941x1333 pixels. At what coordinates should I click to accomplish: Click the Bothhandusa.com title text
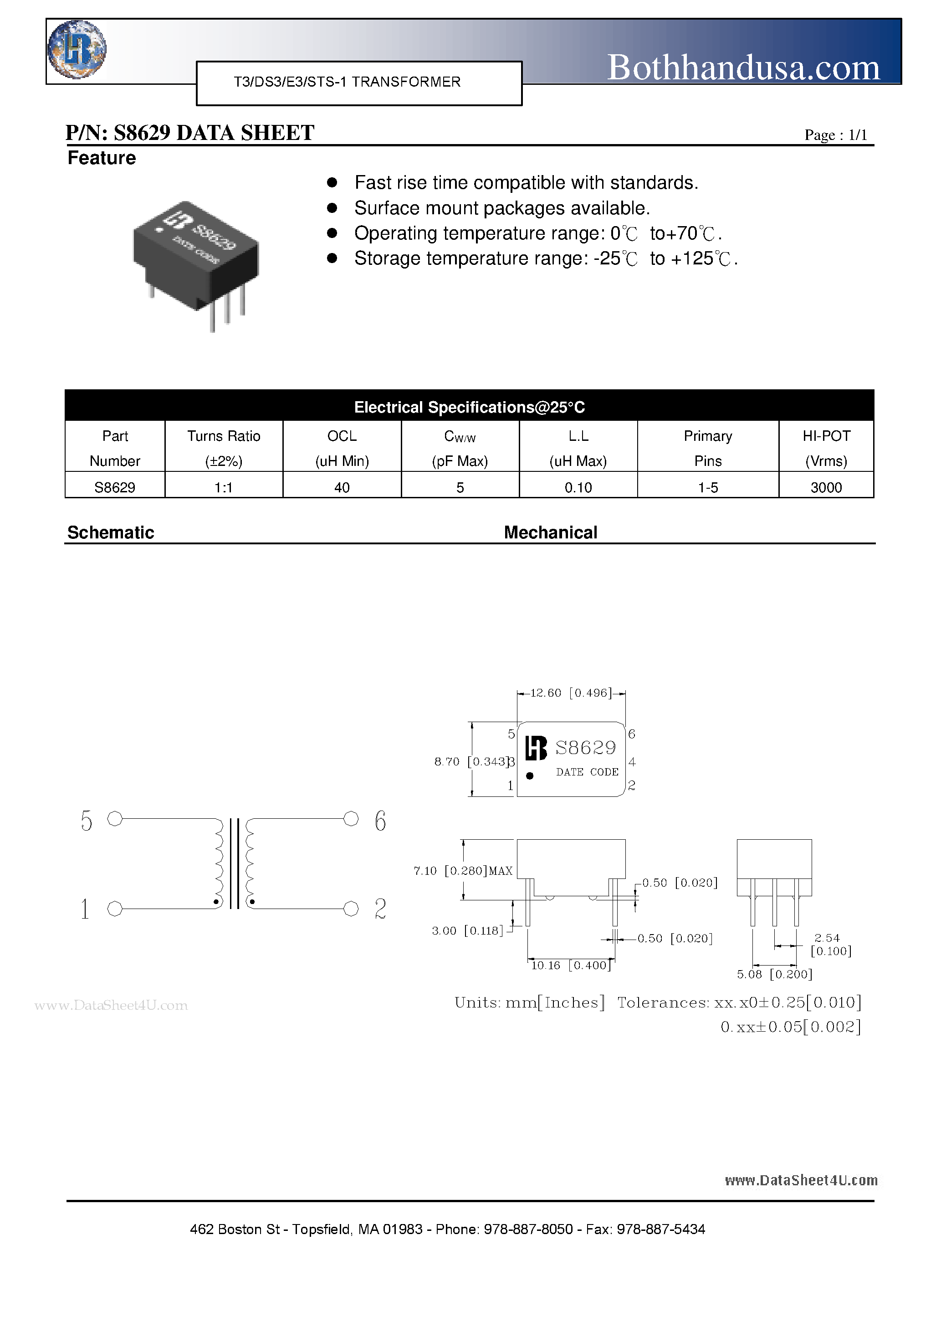coord(743,67)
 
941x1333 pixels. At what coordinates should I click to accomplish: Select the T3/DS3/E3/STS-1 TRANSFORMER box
coord(359,83)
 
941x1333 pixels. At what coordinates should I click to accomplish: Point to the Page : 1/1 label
coord(835,135)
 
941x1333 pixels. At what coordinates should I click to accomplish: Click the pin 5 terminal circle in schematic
coord(115,819)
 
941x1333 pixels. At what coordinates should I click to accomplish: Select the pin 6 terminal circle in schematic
coord(351,819)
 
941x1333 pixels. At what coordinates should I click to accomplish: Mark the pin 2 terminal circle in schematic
coord(351,909)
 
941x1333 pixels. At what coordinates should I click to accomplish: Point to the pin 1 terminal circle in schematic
coord(115,909)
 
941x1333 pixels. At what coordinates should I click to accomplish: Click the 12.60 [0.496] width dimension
coord(571,692)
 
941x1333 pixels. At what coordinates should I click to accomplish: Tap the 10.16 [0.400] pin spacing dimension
coord(571,965)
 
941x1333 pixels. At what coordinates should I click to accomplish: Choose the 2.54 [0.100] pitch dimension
coord(830,945)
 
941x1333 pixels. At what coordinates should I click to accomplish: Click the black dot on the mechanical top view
coord(530,775)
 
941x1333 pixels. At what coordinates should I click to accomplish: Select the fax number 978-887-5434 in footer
coord(661,1229)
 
